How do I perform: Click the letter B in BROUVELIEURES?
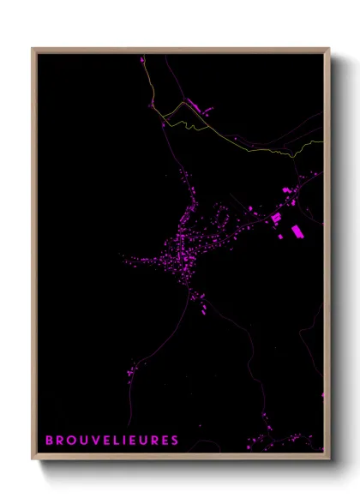point(49,441)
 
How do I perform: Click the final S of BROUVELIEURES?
point(175,441)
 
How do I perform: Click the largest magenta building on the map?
point(297,231)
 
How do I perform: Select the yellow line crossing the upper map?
point(257,147)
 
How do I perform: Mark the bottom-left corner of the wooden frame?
point(33,459)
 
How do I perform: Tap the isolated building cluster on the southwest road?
point(132,370)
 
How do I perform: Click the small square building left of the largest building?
point(276,219)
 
